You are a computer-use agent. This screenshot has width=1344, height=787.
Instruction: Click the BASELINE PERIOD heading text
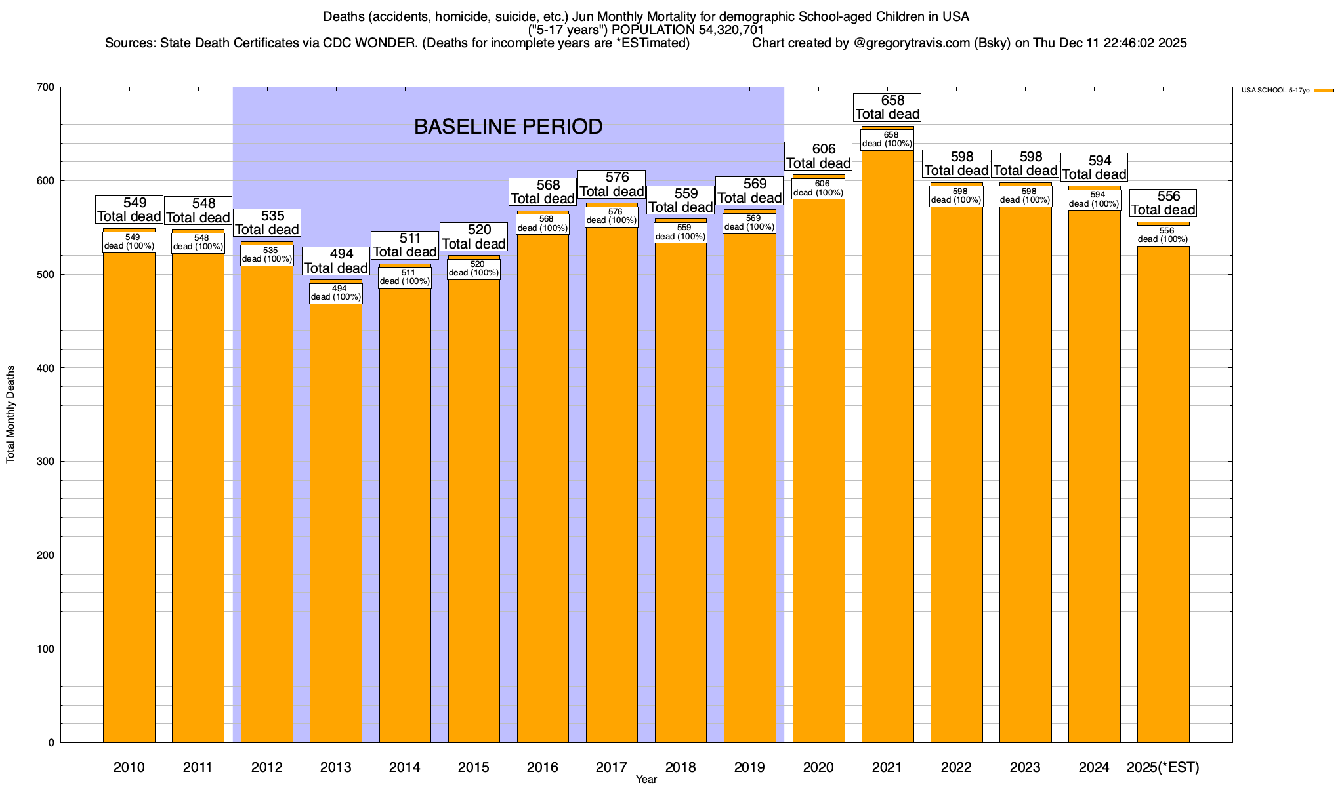(508, 127)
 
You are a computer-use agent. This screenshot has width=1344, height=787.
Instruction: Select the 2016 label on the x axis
(543, 767)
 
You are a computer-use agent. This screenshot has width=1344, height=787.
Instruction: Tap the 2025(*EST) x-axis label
(1163, 767)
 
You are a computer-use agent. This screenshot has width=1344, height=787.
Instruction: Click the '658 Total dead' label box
(887, 108)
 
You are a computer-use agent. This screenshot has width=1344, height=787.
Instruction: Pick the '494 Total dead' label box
(336, 261)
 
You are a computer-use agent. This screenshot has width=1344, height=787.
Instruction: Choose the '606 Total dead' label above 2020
(818, 156)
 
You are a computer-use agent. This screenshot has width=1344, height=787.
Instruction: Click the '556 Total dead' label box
(1163, 203)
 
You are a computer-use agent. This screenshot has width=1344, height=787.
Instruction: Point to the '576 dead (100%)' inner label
(612, 216)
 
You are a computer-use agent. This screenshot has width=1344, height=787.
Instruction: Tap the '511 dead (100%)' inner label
(405, 277)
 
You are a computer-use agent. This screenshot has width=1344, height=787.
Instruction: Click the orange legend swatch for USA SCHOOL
(1324, 91)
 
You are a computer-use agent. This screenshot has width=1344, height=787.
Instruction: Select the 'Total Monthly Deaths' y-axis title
(10, 414)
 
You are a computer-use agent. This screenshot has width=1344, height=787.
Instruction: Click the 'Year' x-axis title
(646, 779)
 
